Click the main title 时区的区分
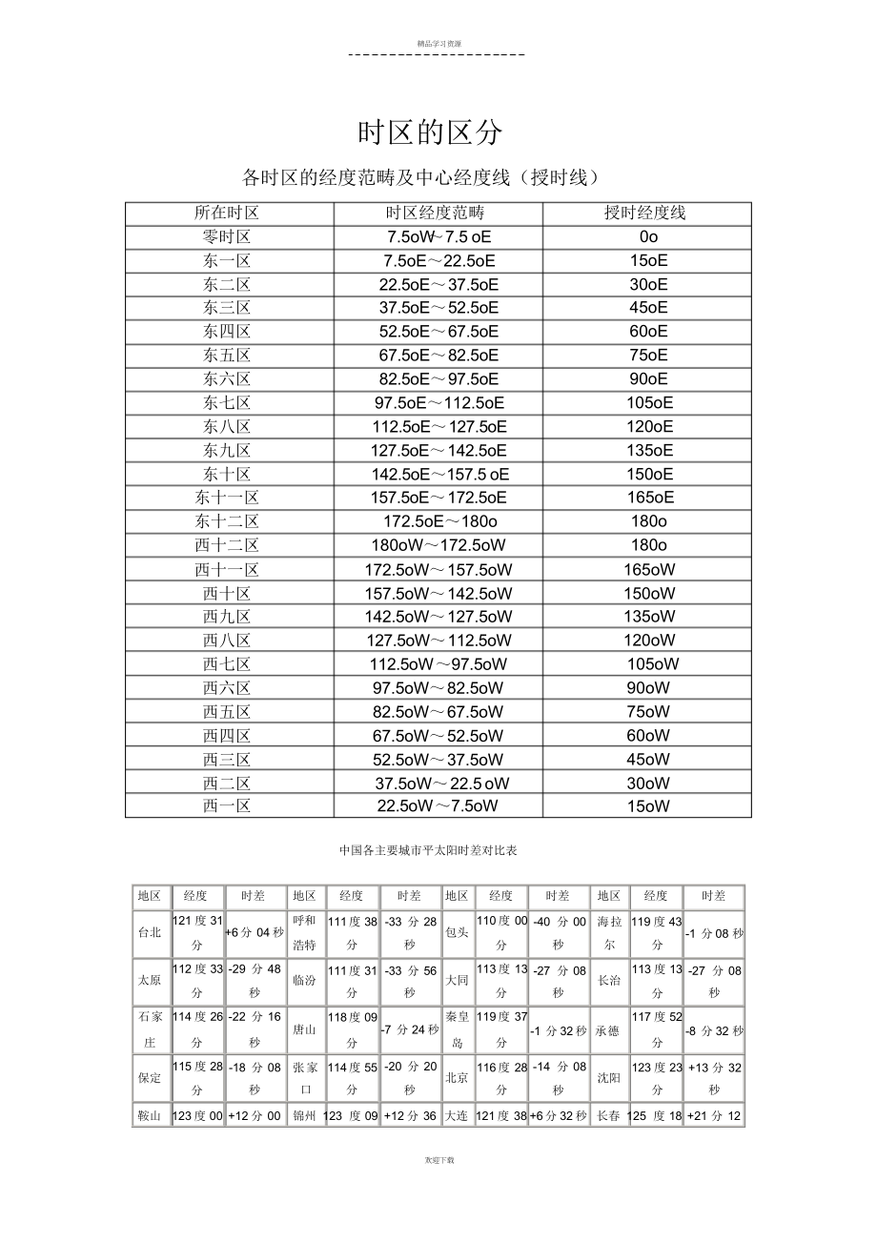pyautogui.click(x=429, y=133)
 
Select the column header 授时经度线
pyautogui.click(x=646, y=213)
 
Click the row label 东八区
pyautogui.click(x=227, y=427)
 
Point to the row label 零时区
pyautogui.click(x=227, y=237)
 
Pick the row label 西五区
pyautogui.click(x=227, y=712)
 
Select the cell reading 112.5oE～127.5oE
pyautogui.click(x=438, y=427)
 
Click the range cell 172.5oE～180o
pyautogui.click(x=439, y=521)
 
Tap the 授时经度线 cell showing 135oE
pyautogui.click(x=648, y=451)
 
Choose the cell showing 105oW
pyautogui.click(x=652, y=664)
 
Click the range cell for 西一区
pyautogui.click(x=438, y=806)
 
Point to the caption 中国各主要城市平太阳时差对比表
pyautogui.click(x=428, y=849)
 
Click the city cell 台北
pyautogui.click(x=150, y=933)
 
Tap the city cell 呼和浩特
pyautogui.click(x=304, y=933)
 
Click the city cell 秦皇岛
pyautogui.click(x=457, y=1029)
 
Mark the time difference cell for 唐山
pyautogui.click(x=409, y=1029)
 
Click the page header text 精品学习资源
pyautogui.click(x=438, y=44)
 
